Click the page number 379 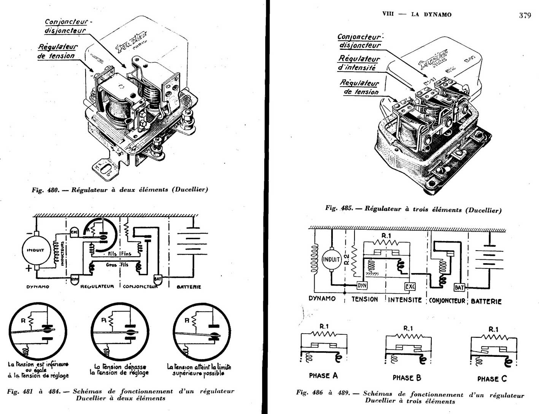(525, 16)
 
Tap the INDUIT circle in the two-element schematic (35, 250)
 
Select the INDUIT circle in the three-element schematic (331, 260)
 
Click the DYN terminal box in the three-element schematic (362, 286)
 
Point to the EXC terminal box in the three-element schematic (410, 286)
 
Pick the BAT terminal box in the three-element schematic (459, 288)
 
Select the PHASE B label (407, 378)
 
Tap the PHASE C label (492, 379)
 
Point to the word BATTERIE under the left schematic (189, 287)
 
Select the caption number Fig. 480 (45, 190)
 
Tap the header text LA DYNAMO (431, 15)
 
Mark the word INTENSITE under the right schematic (405, 300)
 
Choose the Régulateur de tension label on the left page (57, 51)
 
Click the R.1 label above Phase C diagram (493, 329)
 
